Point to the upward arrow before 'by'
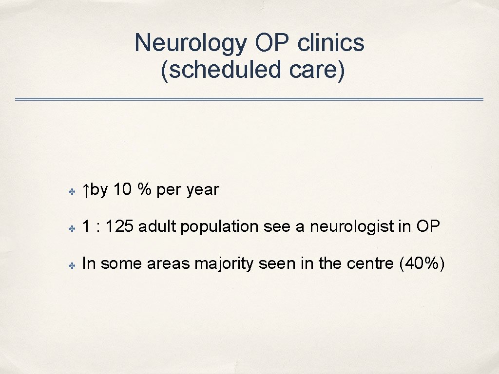point(85,190)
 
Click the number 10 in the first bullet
point(122,189)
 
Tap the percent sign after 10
point(144,189)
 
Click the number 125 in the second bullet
point(119,226)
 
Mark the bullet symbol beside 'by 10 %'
point(71,192)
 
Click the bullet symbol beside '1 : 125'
point(71,228)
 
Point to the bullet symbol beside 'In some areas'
point(71,265)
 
